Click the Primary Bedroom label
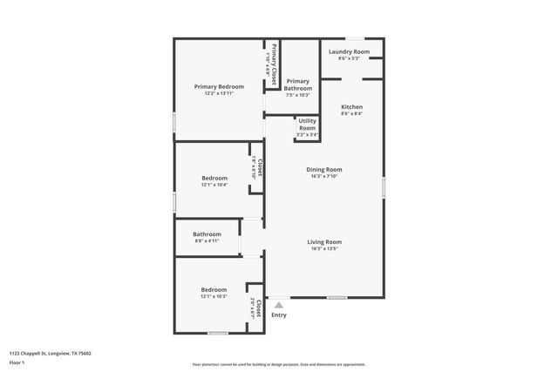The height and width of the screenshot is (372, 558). tap(219, 86)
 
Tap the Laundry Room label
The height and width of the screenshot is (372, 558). tap(349, 52)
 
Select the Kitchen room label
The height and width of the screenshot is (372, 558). tap(351, 107)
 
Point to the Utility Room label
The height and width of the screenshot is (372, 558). tap(308, 124)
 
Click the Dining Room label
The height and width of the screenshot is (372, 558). tap(323, 170)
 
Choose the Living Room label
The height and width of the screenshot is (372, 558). tap(323, 241)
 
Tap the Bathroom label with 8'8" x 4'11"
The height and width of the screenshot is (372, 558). tap(207, 233)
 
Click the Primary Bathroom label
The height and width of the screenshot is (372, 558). tap(298, 85)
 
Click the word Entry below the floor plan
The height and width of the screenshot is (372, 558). tap(279, 315)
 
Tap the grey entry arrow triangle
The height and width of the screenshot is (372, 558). tap(279, 305)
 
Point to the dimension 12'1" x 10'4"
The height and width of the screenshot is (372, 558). tap(214, 185)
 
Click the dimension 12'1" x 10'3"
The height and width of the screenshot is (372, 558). tap(214, 296)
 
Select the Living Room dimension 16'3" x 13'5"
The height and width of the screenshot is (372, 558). tap(323, 249)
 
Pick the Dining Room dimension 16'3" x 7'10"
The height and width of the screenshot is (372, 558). tap(323, 177)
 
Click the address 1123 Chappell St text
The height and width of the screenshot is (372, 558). tap(50, 353)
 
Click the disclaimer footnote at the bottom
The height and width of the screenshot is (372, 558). tap(279, 364)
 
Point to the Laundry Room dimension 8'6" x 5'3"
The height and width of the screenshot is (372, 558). tap(349, 58)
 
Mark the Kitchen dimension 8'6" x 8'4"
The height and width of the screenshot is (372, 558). tap(351, 114)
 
